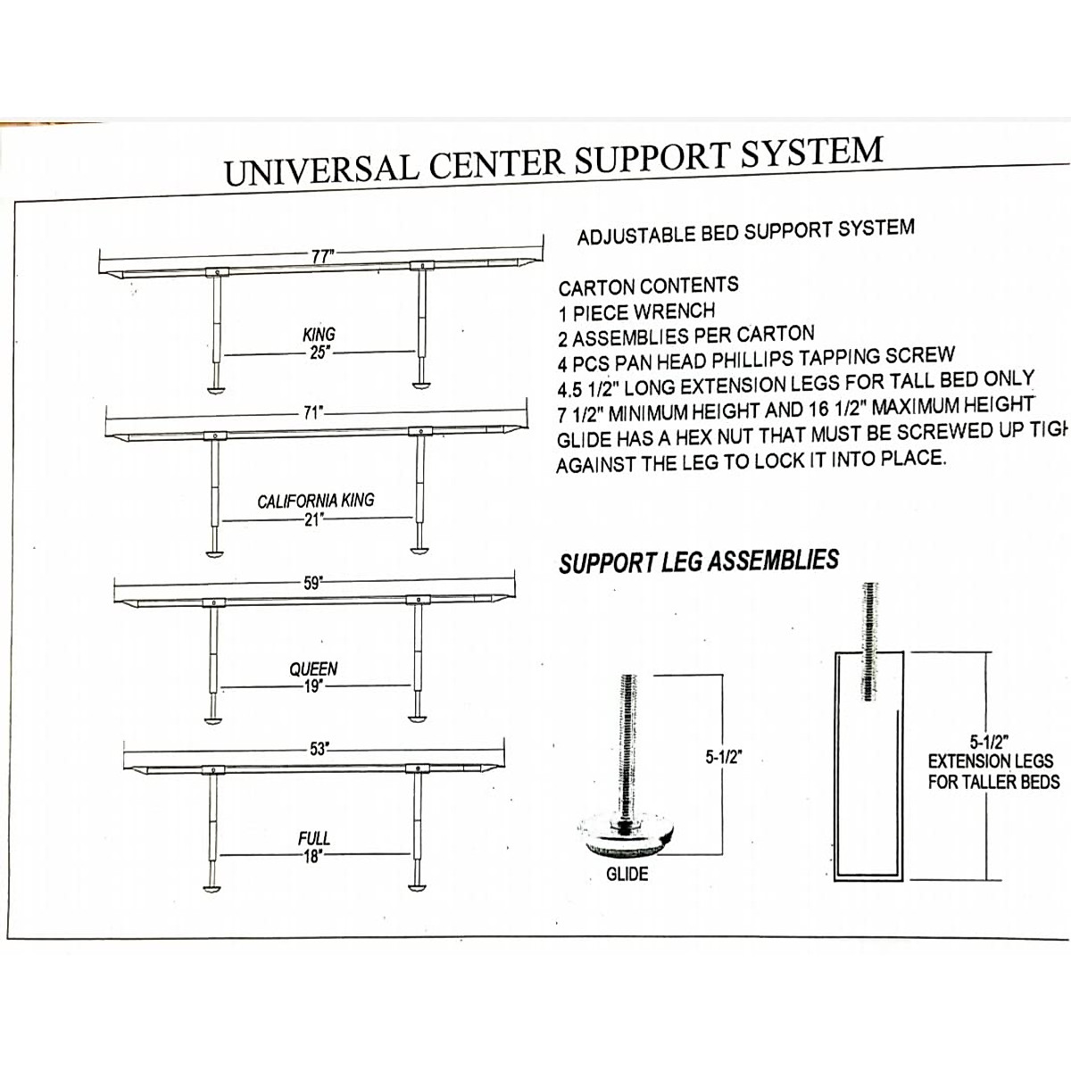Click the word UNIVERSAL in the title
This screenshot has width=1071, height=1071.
pos(319,168)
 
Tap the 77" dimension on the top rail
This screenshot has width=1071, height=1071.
pos(321,256)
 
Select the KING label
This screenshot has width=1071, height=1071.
pos(320,335)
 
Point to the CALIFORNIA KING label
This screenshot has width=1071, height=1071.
pos(316,501)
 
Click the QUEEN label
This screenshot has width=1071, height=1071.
pos(313,668)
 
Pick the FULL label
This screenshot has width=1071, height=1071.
pos(313,838)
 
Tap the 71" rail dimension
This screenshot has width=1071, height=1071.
pos(311,413)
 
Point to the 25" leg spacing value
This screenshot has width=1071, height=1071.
pos(320,352)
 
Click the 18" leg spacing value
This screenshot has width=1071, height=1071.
pos(311,855)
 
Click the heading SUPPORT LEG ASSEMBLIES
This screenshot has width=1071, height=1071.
pos(699,562)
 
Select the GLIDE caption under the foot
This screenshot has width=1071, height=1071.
pos(627,875)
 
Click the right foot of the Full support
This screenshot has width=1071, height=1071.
pos(418,886)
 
